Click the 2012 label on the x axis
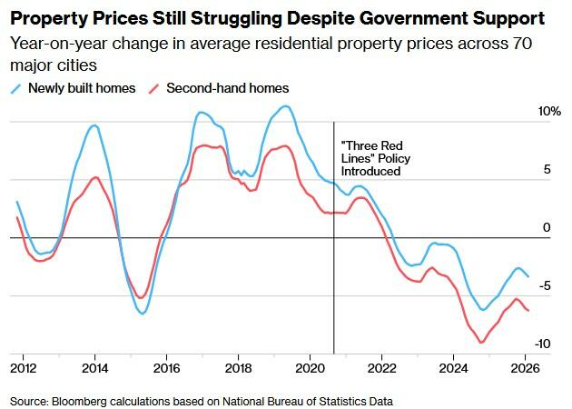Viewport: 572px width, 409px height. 23,368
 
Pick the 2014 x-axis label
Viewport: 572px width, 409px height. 94,368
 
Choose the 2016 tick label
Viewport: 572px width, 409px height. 166,368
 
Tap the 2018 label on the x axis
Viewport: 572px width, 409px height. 238,368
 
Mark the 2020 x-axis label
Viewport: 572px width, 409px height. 310,368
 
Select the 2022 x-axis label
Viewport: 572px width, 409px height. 381,368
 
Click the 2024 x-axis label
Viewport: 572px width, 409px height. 453,368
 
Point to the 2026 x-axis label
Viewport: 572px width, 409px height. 525,368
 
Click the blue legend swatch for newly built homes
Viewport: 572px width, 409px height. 17,88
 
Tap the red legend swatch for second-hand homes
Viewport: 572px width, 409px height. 154,88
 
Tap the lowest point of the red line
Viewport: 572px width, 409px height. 482,343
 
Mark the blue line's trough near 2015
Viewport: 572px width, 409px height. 143,314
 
